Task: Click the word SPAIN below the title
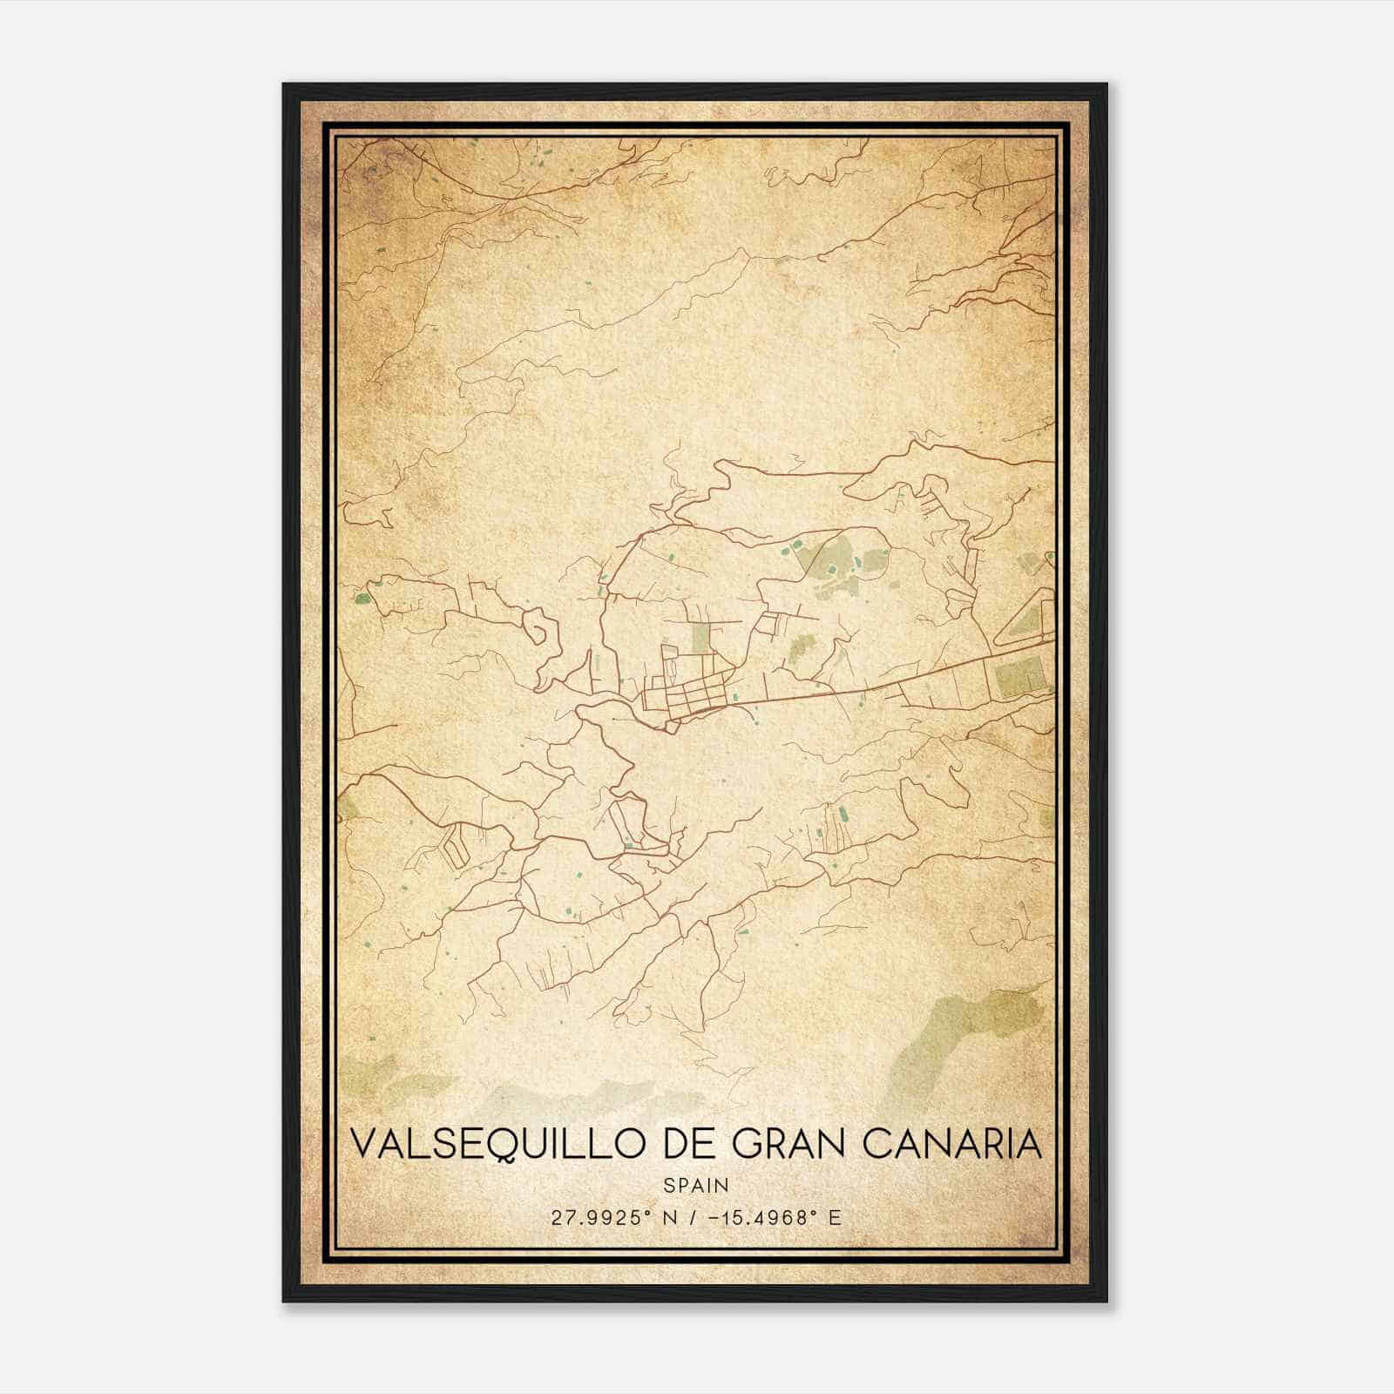[x=696, y=1185]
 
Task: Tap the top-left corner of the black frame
[x=285, y=85]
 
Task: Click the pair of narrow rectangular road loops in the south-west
[x=454, y=843]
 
